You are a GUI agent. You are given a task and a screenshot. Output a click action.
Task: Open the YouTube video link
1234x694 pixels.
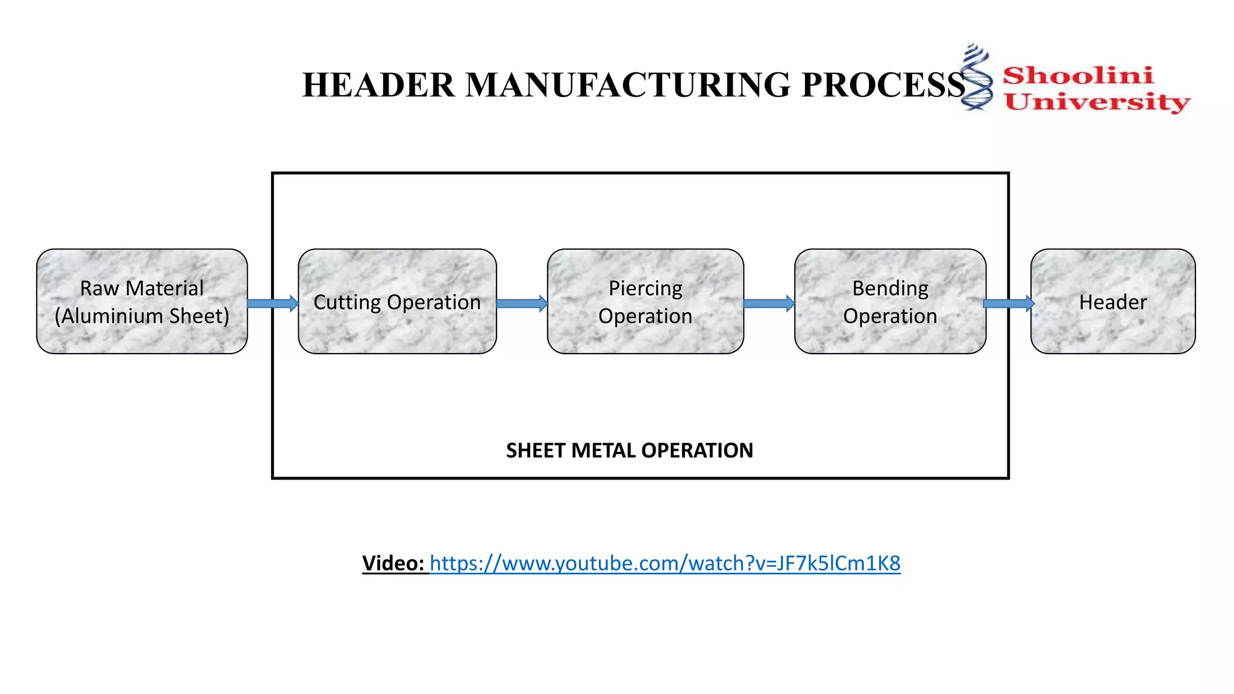point(665,563)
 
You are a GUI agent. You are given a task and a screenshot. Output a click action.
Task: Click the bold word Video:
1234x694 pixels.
point(394,563)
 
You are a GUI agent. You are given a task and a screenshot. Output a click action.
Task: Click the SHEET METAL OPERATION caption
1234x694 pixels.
point(629,451)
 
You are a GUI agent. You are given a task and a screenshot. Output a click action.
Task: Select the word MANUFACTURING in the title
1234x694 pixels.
point(627,85)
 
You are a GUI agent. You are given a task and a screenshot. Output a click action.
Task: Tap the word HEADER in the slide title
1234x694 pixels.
point(378,85)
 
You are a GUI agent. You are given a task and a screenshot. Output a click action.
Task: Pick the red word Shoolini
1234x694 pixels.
point(1077,76)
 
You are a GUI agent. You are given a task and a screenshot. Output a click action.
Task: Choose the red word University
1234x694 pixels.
point(1097,102)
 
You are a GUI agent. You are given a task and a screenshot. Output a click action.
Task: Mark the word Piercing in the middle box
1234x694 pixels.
point(645,289)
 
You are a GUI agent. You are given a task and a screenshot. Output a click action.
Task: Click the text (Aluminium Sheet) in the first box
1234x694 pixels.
point(142,316)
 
